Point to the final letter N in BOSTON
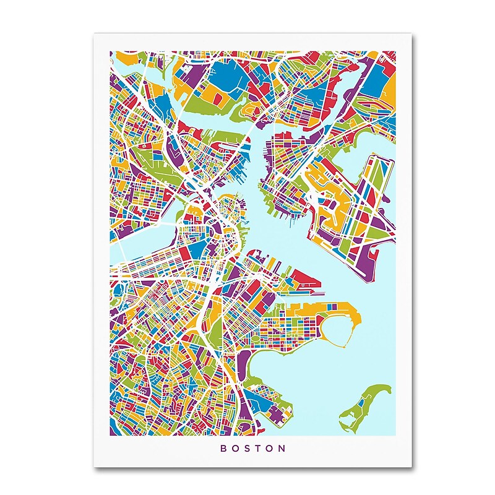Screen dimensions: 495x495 (x=283, y=448)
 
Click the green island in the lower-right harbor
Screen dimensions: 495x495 (x=371, y=402)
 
